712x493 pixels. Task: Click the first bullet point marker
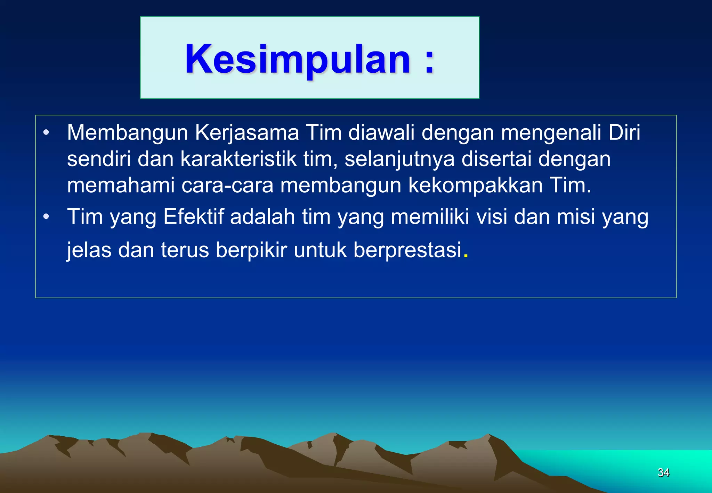point(46,133)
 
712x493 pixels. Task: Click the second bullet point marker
point(46,217)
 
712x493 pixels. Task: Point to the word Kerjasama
point(247,133)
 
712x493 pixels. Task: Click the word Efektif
point(194,217)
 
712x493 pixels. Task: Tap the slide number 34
point(663,472)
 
